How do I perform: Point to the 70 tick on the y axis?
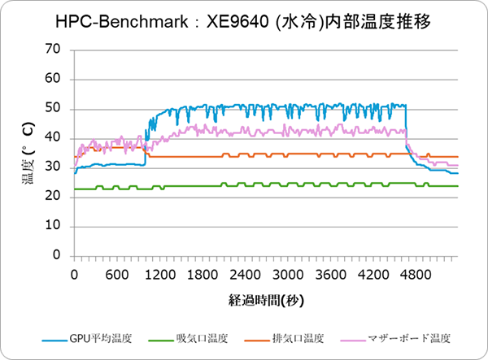54,50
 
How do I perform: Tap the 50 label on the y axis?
54,109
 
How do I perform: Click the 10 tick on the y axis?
54,226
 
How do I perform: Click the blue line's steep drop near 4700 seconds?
407,130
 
